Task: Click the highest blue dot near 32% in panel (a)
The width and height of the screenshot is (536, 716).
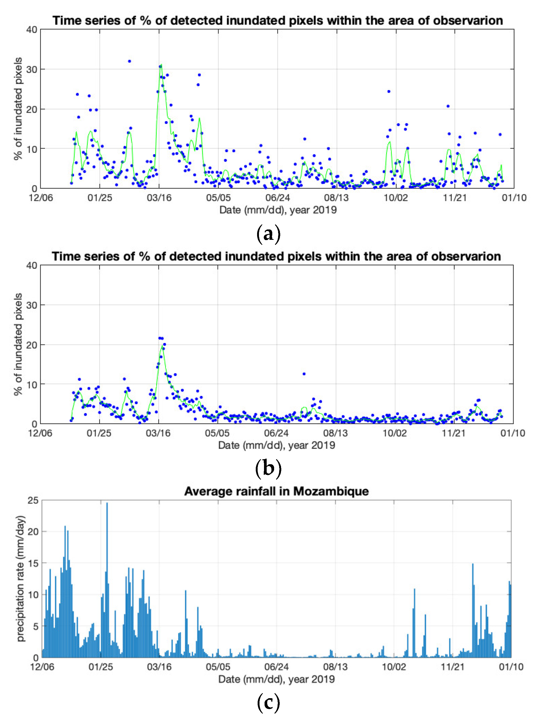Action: (x=129, y=61)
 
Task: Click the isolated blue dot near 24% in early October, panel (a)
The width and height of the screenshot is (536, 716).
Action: (x=389, y=92)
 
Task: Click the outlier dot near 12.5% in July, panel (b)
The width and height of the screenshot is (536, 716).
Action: (x=304, y=374)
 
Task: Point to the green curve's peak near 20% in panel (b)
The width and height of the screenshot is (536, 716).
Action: (x=162, y=346)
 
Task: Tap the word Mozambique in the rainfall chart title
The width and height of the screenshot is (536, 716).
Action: (x=331, y=491)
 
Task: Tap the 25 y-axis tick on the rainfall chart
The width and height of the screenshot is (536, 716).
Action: (x=33, y=501)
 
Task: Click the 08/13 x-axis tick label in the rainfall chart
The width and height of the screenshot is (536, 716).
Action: (x=335, y=667)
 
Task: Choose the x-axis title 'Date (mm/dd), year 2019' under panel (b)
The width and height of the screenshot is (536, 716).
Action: (x=277, y=445)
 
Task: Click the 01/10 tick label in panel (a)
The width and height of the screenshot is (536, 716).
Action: (x=514, y=198)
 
